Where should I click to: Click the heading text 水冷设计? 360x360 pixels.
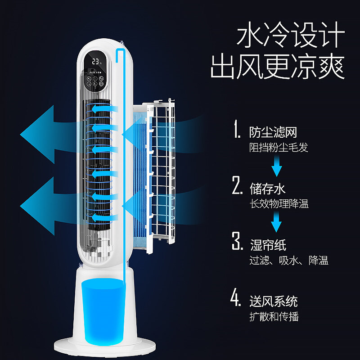[290, 36]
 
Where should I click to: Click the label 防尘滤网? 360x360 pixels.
[274, 132]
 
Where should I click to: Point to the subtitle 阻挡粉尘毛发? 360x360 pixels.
[279, 147]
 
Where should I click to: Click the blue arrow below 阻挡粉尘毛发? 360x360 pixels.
[276, 169]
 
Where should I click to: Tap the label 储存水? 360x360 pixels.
[268, 188]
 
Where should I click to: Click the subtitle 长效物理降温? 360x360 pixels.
[279, 203]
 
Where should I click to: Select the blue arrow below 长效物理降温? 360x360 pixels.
[276, 223]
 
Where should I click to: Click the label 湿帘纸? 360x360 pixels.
[268, 245]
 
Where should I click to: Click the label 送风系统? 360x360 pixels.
[274, 301]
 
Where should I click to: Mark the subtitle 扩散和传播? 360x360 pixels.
[274, 316]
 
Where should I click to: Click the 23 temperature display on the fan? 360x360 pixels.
[95, 61]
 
